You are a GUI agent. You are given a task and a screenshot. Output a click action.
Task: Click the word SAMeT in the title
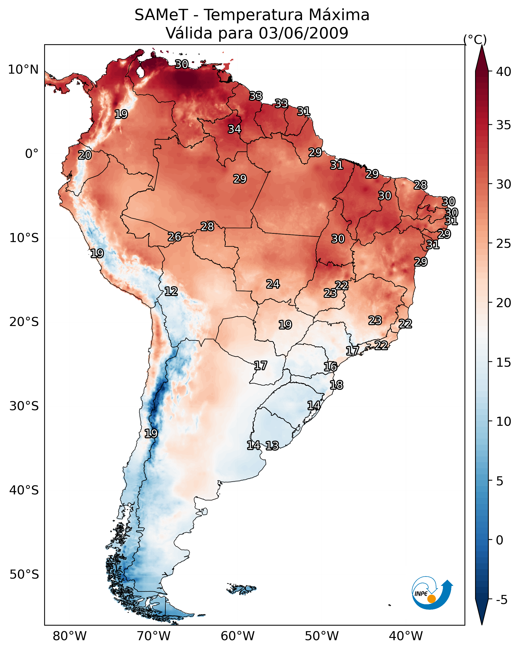point(161,15)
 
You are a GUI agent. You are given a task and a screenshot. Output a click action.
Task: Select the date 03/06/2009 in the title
point(303,33)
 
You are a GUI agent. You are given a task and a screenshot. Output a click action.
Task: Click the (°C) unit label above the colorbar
point(475,39)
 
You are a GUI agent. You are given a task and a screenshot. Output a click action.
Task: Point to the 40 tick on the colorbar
point(504,72)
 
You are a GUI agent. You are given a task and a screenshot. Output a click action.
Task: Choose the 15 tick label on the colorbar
point(504,362)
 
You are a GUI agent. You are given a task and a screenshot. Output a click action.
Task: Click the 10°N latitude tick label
point(23,70)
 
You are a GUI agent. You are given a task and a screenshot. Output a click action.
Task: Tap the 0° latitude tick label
point(32,154)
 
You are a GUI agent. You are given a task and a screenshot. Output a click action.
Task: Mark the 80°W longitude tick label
point(70,636)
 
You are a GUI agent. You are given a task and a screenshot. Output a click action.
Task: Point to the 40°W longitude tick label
point(406,636)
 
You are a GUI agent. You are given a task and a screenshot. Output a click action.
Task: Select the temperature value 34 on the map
point(234,129)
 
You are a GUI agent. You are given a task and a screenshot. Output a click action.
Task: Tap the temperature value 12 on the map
point(171,291)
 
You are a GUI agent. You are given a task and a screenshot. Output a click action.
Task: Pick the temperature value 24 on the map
point(273,284)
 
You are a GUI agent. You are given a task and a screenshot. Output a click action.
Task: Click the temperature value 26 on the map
point(175,237)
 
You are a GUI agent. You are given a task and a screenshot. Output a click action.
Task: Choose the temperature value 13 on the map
point(272,446)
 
